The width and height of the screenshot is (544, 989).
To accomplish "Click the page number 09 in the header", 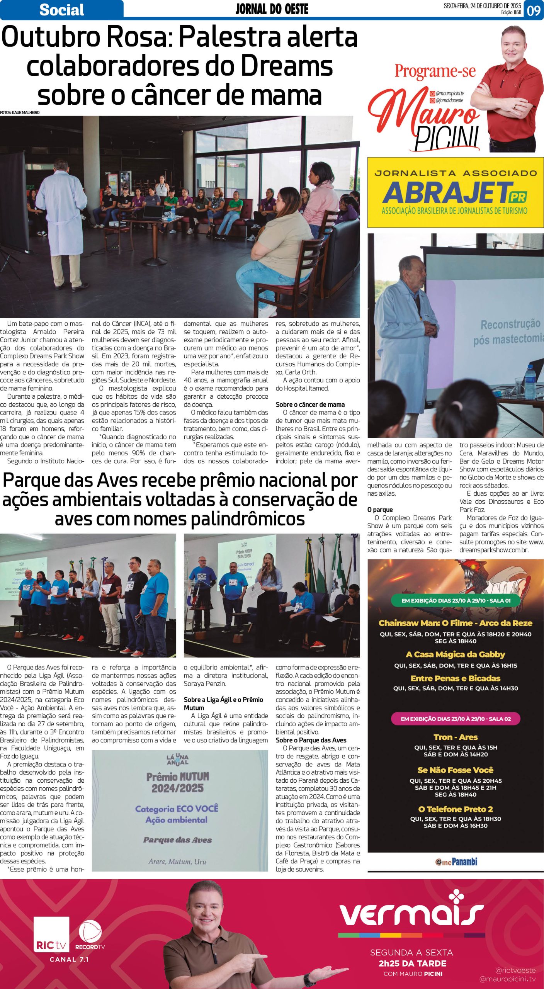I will click(x=534, y=10).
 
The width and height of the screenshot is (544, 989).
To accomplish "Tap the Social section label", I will click(x=62, y=10).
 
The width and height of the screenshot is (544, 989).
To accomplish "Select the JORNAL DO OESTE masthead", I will click(x=272, y=9).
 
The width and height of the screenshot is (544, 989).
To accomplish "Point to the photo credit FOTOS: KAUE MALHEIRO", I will click(x=20, y=112).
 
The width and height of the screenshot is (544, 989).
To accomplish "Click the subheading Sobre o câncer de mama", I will click(x=310, y=404).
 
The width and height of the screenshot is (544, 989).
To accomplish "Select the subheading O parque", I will click(x=380, y=510).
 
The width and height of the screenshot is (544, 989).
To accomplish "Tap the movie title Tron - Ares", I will click(x=456, y=737).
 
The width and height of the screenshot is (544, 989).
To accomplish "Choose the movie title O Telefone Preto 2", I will click(x=456, y=809).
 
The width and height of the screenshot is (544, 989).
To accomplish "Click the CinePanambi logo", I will click(x=456, y=862).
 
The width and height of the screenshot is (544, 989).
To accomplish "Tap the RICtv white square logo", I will click(x=51, y=934).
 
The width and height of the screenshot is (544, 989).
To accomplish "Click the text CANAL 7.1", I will click(x=69, y=960).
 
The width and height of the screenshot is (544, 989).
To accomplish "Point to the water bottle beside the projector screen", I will click(x=530, y=382).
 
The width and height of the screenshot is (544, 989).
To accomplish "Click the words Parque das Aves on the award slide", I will click(x=177, y=840).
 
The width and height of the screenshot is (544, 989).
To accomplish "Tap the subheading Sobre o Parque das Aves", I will click(x=311, y=740).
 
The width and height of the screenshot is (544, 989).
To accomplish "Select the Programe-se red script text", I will click(x=435, y=71).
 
